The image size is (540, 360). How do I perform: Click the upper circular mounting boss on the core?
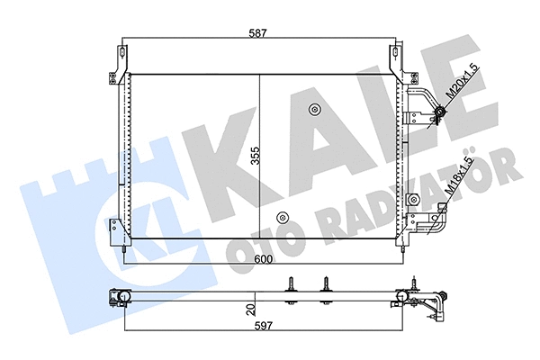click(x=314, y=111)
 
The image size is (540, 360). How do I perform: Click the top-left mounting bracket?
click(x=117, y=64)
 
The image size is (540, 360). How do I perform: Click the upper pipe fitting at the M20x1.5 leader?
click(x=439, y=113)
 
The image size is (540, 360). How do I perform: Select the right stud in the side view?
click(x=324, y=285)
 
